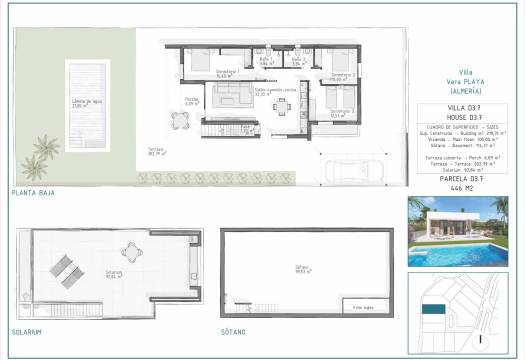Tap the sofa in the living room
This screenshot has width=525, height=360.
pos(240,97)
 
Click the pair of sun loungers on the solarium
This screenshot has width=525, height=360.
pos(61,268)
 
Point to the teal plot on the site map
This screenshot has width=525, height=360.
pos(432,310)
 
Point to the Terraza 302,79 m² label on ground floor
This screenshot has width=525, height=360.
pos(157,153)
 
